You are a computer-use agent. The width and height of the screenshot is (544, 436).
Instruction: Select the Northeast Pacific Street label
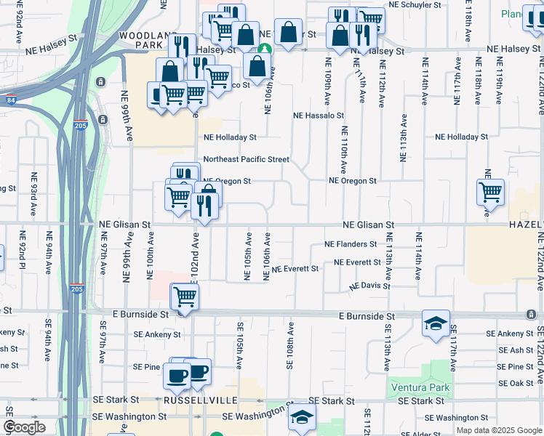click(246, 159)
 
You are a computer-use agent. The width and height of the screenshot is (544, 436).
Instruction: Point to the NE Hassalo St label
click(319, 116)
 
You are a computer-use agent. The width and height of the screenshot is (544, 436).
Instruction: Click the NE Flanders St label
click(351, 244)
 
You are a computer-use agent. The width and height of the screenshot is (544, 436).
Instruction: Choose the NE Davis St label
click(369, 287)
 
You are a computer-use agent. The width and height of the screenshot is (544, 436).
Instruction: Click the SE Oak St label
click(516, 383)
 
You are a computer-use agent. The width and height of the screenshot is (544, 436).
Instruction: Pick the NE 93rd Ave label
click(33, 195)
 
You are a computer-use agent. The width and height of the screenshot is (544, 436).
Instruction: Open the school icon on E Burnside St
click(436, 323)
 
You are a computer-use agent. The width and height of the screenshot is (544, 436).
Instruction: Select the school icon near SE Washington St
click(303, 416)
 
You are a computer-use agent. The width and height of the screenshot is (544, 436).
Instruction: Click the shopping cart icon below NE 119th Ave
click(491, 193)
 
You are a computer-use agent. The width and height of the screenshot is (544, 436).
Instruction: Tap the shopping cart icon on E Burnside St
click(185, 296)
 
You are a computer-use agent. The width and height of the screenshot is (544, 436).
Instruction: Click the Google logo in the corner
click(24, 428)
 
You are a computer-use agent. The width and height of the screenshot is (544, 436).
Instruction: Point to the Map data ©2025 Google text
click(498, 430)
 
